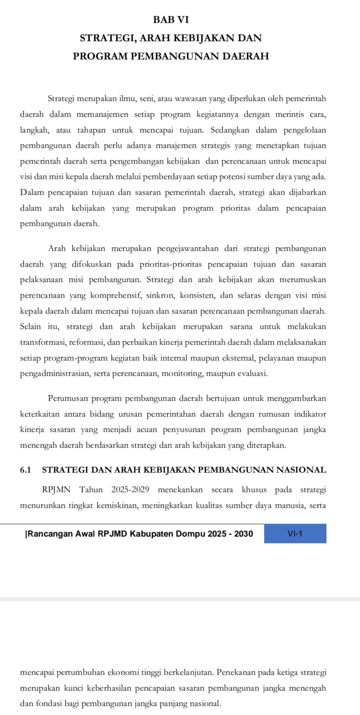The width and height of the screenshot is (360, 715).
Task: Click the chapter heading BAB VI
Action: coord(171,20)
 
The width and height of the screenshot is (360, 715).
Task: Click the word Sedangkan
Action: coord(230,130)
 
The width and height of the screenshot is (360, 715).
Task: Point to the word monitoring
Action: coord(181,374)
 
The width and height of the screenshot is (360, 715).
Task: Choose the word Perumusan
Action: coord(68,399)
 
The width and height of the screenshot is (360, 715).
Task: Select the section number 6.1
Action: coord(25,470)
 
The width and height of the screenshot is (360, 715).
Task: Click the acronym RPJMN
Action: coord(56,490)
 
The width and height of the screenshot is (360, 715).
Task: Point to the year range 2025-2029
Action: coord(130,490)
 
